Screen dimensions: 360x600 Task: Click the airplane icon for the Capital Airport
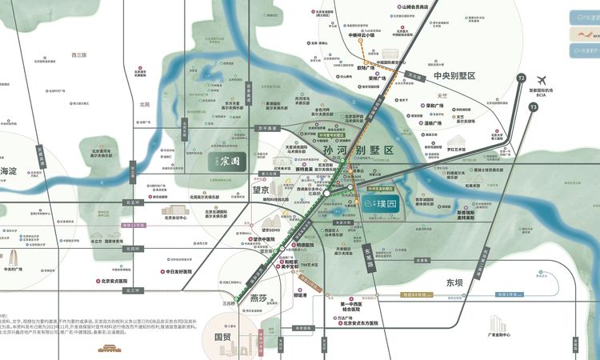(x=542, y=80)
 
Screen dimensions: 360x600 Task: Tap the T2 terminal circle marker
(x=522, y=78)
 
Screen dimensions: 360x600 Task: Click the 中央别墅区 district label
(x=454, y=75)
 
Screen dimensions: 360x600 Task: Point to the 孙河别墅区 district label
(x=358, y=150)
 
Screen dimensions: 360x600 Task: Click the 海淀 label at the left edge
(x=8, y=171)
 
